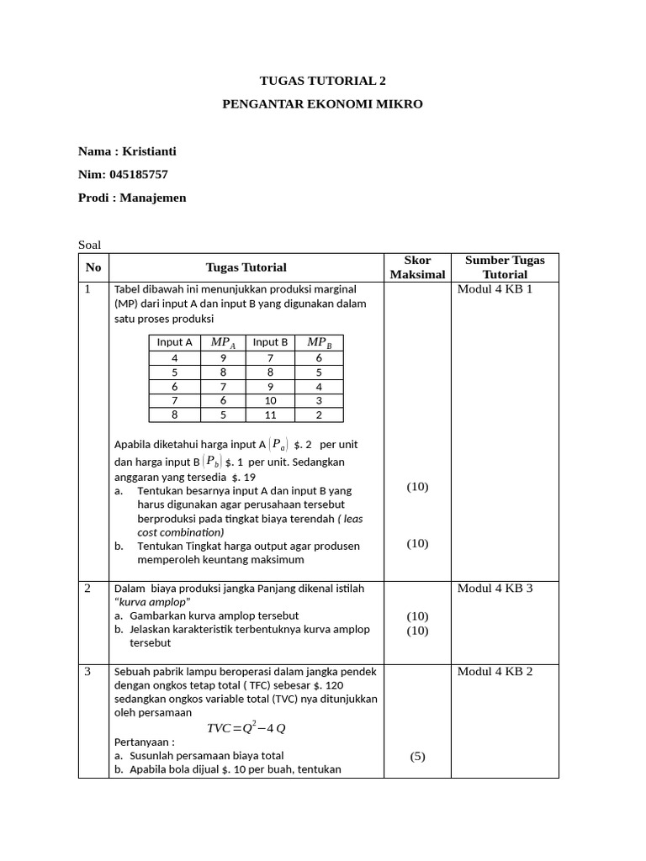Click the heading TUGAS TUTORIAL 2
click(323, 81)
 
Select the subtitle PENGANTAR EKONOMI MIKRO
click(323, 104)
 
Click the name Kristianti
click(150, 151)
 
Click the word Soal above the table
click(89, 245)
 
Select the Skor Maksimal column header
click(417, 267)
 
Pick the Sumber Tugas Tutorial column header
click(505, 267)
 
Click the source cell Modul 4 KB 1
click(495, 289)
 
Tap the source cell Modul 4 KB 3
click(495, 588)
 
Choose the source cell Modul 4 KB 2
click(495, 671)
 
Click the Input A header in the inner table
click(174, 342)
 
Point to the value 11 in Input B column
click(270, 415)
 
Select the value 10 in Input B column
click(270, 400)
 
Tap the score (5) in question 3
click(417, 756)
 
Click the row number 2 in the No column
click(87, 588)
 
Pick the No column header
click(93, 267)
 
